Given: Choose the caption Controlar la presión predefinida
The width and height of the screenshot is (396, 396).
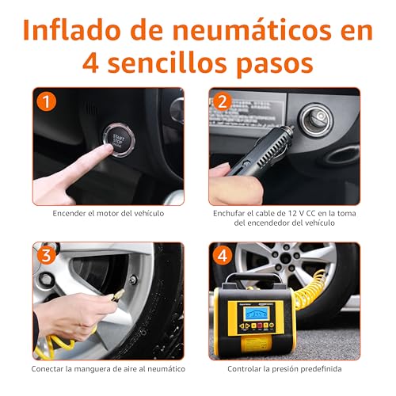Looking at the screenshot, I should click(285, 367).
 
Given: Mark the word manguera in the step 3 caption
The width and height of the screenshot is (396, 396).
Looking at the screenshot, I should click(102, 367).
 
